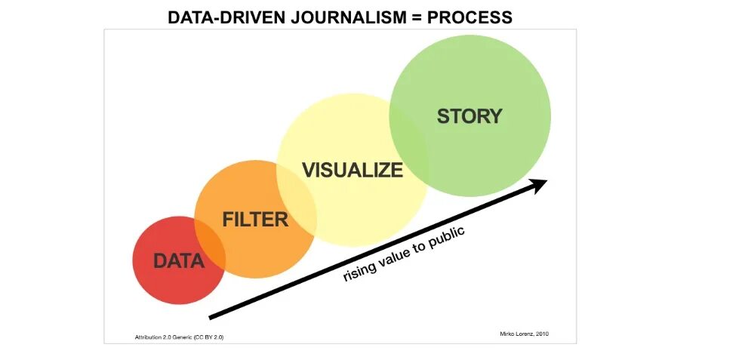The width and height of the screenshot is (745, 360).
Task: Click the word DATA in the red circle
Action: pos(179,261)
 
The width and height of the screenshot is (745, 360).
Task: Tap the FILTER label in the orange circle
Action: pos(255,220)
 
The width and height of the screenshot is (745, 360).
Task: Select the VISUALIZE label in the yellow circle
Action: pos(352,170)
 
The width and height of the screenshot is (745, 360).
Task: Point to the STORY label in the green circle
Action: pos(469,116)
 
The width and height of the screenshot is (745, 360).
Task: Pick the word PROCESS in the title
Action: pos(469,17)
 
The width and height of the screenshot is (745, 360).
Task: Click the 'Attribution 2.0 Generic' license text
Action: pos(159,337)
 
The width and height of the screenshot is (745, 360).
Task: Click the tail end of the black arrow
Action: pos(212,317)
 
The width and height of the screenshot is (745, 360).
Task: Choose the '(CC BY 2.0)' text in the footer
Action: pos(208,337)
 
